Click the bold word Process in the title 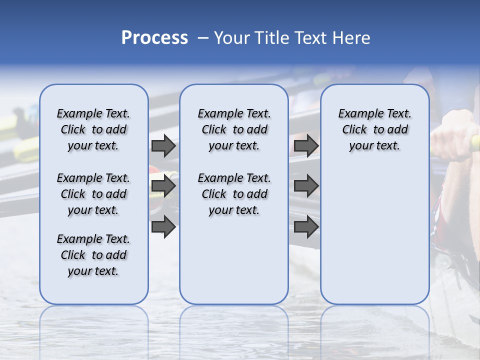[x=154, y=38]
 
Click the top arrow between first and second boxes [x=163, y=145]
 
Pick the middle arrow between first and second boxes [x=163, y=186]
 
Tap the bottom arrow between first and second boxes [x=163, y=227]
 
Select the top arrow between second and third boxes [x=306, y=145]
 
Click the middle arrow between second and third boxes [x=306, y=186]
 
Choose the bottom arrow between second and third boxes [x=306, y=227]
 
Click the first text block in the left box [x=93, y=129]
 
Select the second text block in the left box [x=93, y=194]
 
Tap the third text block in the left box [x=93, y=255]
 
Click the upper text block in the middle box [x=234, y=129]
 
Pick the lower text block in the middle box [x=234, y=194]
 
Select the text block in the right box [x=374, y=129]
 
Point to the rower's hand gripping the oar [x=452, y=137]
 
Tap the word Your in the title [x=232, y=38]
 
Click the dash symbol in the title [x=203, y=38]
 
